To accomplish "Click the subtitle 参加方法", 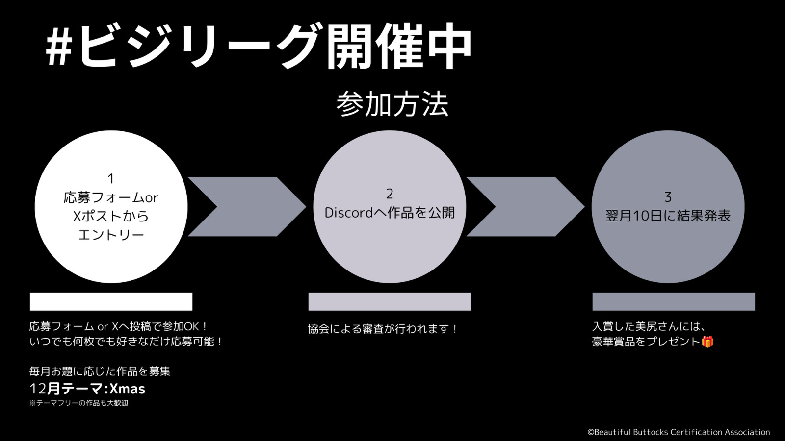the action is [x=392, y=104].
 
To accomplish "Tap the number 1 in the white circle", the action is [x=111, y=179].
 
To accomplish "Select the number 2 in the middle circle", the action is [x=390, y=194].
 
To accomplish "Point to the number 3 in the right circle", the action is [x=668, y=197].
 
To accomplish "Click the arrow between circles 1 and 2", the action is [x=247, y=206].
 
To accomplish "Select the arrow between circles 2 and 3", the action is [x=525, y=206].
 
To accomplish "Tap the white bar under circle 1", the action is [x=111, y=301].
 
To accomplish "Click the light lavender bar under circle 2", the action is [x=390, y=301].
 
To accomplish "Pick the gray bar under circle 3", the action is [x=674, y=301].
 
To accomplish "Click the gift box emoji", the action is [x=707, y=342].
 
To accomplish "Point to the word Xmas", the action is [x=128, y=389].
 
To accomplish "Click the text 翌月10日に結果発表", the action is [x=668, y=216].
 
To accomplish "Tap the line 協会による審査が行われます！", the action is [x=383, y=329].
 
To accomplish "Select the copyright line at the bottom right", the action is [x=679, y=432].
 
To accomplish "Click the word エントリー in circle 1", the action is [x=111, y=235].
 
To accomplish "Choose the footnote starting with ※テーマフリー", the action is [x=79, y=403].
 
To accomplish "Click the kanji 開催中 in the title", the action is [x=399, y=46].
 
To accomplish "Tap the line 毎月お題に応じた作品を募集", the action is [x=100, y=371].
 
